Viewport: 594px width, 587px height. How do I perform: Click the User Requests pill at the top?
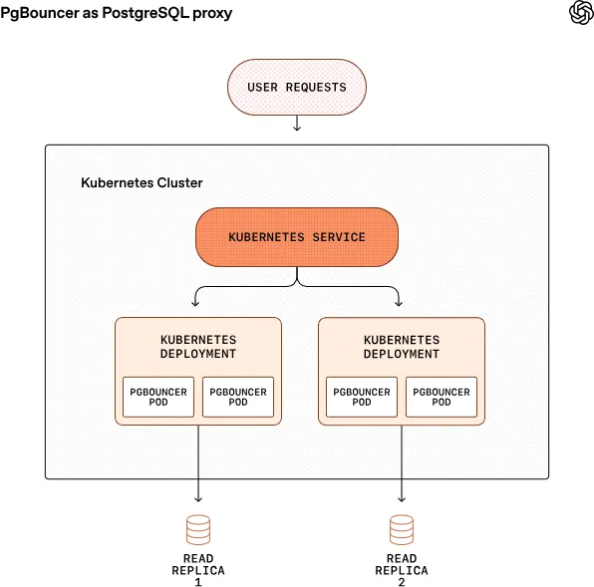(297, 87)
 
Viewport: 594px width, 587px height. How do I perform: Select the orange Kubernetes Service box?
(297, 237)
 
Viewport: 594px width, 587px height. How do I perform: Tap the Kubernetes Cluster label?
(142, 183)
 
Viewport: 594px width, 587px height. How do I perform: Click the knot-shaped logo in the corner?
(581, 12)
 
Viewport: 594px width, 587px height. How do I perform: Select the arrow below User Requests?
(297, 123)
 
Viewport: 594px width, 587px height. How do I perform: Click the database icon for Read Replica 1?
(198, 528)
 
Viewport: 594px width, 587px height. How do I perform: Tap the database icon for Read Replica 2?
(402, 528)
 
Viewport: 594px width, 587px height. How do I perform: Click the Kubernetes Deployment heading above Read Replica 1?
(198, 347)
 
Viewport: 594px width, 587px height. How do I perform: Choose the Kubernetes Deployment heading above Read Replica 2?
(402, 347)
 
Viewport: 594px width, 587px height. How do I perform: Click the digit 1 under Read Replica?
(198, 582)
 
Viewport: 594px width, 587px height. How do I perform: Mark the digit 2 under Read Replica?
(402, 582)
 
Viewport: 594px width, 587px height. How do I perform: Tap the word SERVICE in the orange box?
(336, 237)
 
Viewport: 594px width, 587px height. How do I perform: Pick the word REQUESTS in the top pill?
(316, 87)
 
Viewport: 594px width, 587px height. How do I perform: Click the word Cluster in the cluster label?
(179, 183)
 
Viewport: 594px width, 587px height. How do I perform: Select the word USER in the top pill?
(263, 87)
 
